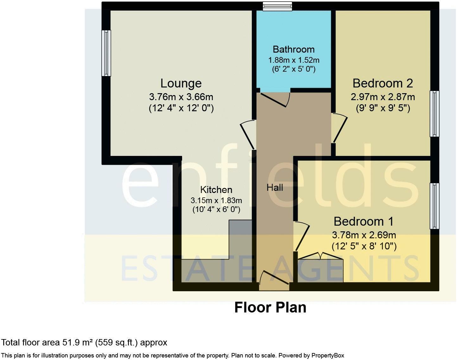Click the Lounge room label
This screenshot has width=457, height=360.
tap(181, 83)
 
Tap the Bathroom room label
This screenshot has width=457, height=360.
tap(294, 49)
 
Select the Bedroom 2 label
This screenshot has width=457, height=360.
tap(383, 83)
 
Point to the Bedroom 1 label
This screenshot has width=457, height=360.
tap(364, 221)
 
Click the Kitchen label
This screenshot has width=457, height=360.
tap(216, 190)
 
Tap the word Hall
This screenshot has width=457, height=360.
tap(275, 188)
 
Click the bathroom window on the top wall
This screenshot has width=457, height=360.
tap(277, 6)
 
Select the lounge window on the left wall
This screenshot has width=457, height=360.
tap(106, 53)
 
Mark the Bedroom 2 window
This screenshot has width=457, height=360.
tap(435, 114)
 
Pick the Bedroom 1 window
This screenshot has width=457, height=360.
tap(435, 206)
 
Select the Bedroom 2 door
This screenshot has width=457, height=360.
tap(339, 128)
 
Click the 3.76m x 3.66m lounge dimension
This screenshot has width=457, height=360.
tap(181, 96)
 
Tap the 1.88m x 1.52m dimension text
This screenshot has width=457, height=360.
tap(294, 60)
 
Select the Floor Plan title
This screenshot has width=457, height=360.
tap(270, 307)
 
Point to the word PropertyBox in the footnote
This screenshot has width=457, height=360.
tap(327, 356)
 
